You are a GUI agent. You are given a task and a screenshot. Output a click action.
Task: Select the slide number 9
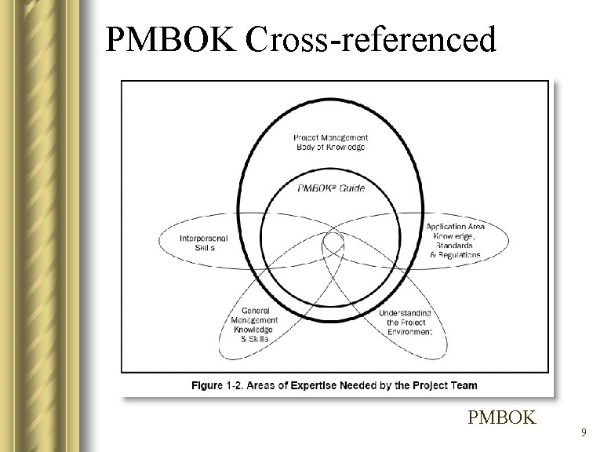pos(583,432)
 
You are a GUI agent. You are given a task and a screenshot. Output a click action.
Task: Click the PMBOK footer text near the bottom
pos(501,417)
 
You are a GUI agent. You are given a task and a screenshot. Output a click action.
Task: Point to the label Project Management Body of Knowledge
pos(330,142)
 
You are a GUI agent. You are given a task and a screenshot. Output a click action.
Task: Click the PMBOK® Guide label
pos(331,188)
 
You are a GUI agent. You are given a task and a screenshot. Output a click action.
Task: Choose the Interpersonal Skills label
pos(203,242)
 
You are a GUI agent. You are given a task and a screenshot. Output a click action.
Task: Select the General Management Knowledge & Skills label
pos(254,325)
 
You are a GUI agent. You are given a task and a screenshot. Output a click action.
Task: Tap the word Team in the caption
pos(462,385)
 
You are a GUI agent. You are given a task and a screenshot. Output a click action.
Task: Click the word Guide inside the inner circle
pos(349,188)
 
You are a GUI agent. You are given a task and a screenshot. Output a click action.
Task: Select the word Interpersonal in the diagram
pos(204,238)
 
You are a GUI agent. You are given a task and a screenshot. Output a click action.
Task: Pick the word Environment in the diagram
pos(409,332)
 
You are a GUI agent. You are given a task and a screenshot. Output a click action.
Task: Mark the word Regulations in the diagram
pos(460,255)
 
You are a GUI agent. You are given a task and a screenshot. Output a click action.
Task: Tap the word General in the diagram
pos(256,311)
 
